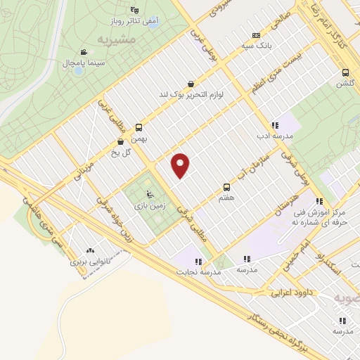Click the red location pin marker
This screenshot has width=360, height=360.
click(x=181, y=165)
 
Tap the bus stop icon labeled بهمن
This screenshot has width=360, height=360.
click(x=139, y=127)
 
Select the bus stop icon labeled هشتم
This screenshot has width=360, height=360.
click(x=226, y=187)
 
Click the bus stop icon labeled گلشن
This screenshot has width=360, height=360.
click(x=345, y=72)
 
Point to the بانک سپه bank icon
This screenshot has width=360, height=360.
click(x=256, y=35)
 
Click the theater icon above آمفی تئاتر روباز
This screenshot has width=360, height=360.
click(x=134, y=9)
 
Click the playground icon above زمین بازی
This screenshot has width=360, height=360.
click(x=148, y=195)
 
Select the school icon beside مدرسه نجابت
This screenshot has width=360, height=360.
click(x=199, y=262)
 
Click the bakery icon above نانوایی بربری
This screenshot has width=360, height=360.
click(x=89, y=250)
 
